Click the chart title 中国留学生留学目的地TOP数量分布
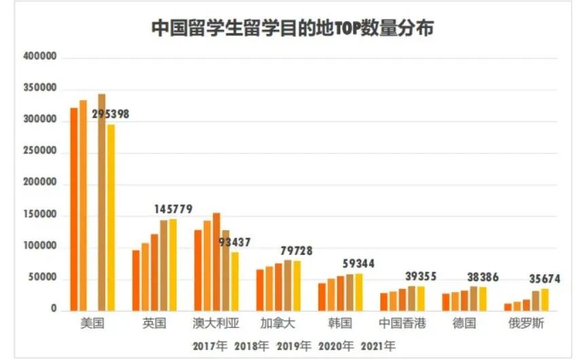[x=292, y=29]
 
